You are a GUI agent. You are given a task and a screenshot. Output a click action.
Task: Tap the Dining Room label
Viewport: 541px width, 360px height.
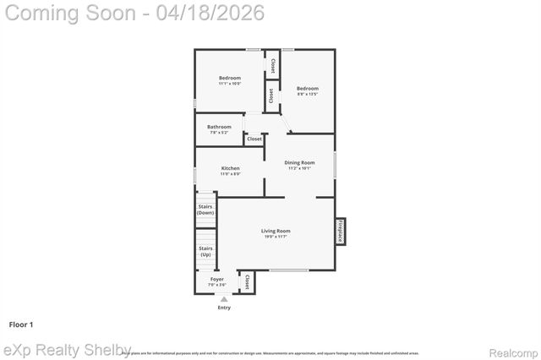299,162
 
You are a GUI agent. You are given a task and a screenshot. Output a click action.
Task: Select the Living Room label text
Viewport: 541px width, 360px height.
276,231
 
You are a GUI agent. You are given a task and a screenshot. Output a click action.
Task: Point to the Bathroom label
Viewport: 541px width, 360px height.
219,127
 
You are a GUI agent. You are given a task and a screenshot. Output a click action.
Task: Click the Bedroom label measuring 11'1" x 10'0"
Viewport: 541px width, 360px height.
230,78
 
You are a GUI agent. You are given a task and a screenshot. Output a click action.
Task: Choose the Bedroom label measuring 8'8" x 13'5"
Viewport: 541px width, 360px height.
307,88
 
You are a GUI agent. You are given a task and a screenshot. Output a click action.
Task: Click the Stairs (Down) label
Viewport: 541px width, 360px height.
205,210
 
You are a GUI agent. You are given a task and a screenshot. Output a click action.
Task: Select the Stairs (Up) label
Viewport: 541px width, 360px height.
205,252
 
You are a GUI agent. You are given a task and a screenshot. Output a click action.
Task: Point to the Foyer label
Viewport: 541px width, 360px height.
217,278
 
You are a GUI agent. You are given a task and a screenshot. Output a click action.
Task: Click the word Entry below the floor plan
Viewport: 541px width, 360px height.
224,307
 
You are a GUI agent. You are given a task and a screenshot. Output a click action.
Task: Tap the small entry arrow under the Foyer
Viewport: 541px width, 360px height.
224,298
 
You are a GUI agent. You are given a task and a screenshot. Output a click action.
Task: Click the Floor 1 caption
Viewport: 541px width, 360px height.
20,325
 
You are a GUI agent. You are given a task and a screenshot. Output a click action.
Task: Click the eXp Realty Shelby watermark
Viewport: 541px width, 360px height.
68,350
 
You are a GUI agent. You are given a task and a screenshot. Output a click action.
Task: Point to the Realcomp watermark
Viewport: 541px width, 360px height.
510,352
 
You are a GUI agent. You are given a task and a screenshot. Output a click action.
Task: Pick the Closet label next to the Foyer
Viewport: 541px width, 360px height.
247,282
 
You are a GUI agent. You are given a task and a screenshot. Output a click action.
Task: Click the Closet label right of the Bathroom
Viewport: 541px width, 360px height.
254,139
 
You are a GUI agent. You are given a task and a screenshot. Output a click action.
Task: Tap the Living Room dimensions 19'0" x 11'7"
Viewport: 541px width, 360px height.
276,237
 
